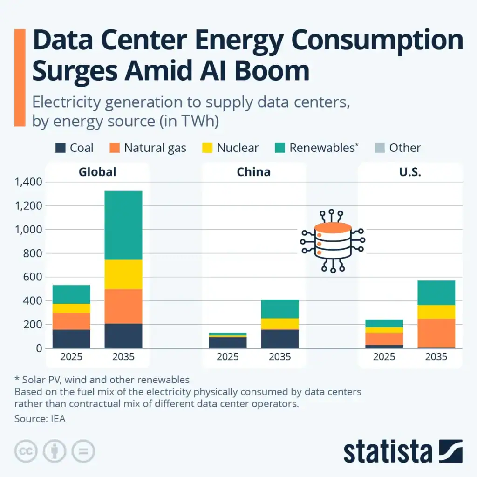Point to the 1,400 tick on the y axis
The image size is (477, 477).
(x=28, y=182)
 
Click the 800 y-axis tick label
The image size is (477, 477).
(x=33, y=253)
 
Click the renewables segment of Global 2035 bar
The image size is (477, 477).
(x=123, y=225)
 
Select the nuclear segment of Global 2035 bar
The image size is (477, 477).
(x=123, y=274)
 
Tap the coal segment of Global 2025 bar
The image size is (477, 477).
(x=71, y=339)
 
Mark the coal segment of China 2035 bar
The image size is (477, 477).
(x=280, y=339)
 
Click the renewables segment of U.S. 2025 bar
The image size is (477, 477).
(x=384, y=323)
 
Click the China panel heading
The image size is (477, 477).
(x=253, y=172)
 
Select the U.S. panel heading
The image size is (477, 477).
(x=410, y=172)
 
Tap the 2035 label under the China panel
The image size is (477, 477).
(x=280, y=357)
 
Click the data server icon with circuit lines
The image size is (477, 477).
(x=332, y=241)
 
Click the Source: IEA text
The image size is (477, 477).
(x=40, y=419)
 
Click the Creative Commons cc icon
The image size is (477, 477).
(x=26, y=451)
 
